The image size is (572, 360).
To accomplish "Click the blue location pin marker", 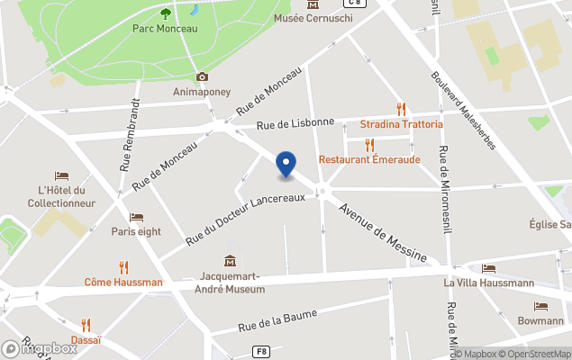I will pos(286,165).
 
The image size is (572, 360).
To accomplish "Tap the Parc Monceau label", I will pos(165,28).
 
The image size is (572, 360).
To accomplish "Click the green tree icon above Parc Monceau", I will pos(165,12).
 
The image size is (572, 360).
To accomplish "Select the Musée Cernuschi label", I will pos(312,18).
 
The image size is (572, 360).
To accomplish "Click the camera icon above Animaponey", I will pos(202,76).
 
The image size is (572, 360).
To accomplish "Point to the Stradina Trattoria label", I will pos(402,123).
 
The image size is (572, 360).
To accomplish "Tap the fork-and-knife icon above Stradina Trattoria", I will pos(402,108).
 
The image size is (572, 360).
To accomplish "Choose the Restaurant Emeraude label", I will pos(369,159).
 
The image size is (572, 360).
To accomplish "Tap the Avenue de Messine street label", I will pos(382,232).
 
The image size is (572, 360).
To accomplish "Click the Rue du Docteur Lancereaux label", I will pos(252,218).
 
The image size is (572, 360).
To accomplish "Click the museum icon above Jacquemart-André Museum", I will pos(232,260).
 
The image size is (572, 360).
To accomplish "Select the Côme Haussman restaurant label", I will pos(123,282).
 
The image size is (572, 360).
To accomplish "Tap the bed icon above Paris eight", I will pos(136,217).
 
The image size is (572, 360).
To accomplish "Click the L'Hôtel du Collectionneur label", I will pos(61,196).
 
